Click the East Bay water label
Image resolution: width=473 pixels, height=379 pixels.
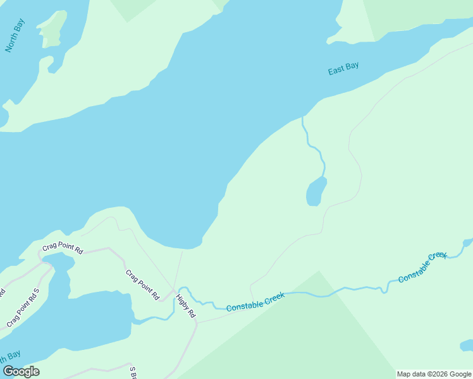tap(343, 69)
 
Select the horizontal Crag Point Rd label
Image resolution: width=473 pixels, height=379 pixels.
tap(63, 249)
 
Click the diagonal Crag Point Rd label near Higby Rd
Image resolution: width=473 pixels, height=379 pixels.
tap(142, 284)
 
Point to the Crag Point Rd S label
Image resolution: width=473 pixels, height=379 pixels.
tap(23, 308)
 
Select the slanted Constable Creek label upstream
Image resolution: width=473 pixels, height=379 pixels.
tap(422, 267)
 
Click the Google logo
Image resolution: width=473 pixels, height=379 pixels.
tap(21, 371)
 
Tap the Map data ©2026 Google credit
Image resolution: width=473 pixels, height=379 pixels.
tap(434, 374)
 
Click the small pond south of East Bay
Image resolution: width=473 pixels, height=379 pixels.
tap(316, 192)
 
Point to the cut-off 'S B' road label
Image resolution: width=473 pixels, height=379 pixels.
tap(133, 373)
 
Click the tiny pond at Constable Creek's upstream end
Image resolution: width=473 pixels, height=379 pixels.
tap(467, 242)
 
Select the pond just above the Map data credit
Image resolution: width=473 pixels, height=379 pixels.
tap(467, 345)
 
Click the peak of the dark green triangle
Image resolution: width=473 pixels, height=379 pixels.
tap(319, 271)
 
